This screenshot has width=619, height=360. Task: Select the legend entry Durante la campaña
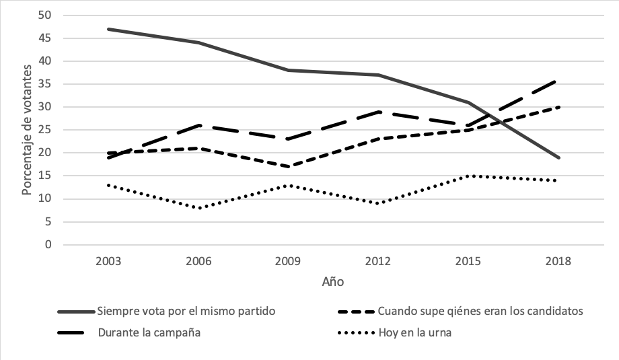149,331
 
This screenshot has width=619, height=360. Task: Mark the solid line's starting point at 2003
108,29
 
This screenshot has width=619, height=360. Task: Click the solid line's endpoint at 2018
558,157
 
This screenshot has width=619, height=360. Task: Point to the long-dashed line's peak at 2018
558,80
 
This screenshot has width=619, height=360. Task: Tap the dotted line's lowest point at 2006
198,208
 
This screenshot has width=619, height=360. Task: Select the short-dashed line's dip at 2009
288,167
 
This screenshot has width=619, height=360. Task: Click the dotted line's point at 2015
468,176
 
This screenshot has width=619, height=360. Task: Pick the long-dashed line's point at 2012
378,112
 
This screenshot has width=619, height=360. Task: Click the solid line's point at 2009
288,70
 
